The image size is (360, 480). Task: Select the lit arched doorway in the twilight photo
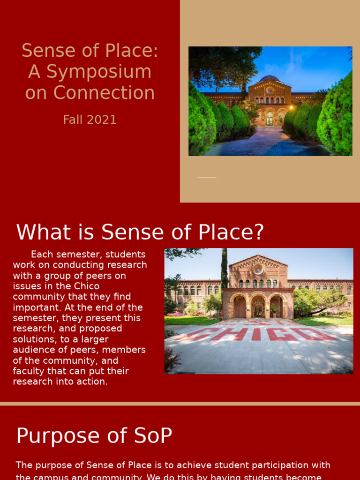270,119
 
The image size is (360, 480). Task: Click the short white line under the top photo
207,177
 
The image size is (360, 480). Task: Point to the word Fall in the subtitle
73,120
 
